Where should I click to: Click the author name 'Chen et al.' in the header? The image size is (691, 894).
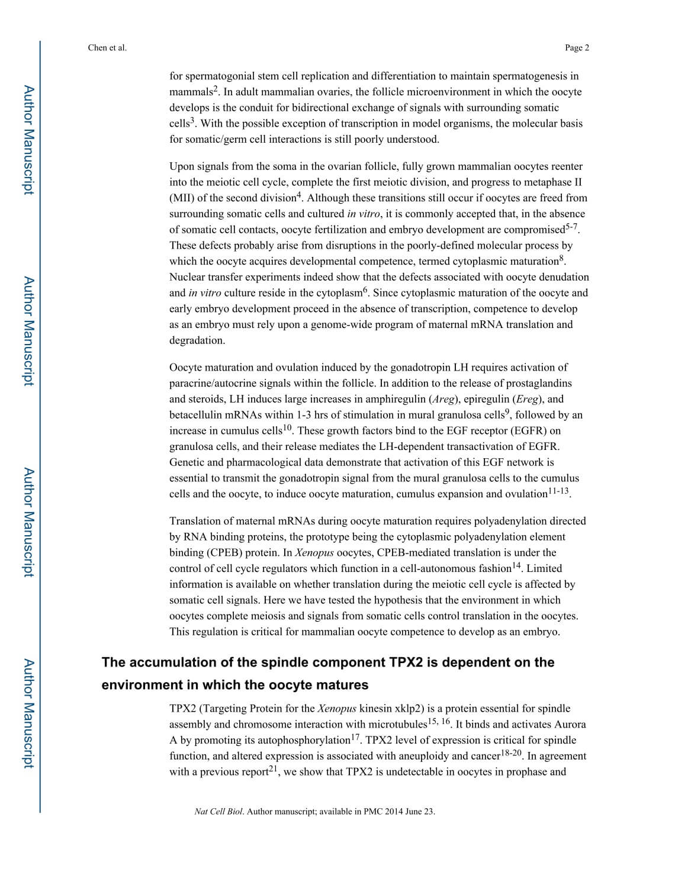107,48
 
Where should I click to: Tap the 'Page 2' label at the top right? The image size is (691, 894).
577,48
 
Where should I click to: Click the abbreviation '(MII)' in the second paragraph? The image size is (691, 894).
182,198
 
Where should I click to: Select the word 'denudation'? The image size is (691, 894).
564,277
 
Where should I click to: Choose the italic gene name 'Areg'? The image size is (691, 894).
443,399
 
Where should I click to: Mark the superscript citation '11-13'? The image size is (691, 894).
558,491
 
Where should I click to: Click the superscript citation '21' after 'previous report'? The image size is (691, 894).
274,768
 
